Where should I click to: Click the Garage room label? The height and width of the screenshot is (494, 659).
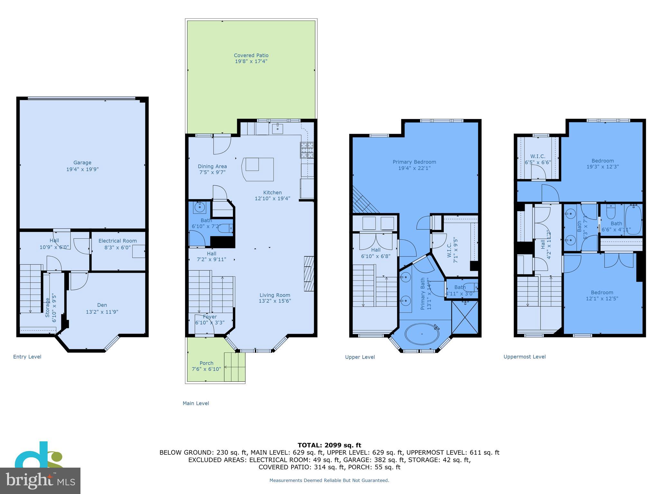[82, 163]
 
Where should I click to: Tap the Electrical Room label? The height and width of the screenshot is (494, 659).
[117, 241]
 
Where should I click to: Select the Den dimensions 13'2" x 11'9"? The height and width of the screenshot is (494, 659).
[102, 312]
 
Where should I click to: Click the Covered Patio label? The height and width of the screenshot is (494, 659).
[251, 55]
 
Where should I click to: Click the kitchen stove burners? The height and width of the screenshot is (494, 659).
[307, 150]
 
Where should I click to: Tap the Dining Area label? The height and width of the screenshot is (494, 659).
[212, 166]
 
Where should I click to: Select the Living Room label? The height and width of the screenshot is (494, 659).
[275, 295]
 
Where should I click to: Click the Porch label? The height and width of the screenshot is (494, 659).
[206, 363]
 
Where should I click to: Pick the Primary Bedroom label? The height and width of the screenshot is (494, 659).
[414, 162]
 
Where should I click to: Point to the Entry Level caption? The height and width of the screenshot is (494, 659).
[27, 357]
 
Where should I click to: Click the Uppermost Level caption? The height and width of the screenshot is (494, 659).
[524, 357]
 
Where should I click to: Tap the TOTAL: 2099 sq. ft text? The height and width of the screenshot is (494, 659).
[329, 445]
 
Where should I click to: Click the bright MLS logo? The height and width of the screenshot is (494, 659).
[40, 480]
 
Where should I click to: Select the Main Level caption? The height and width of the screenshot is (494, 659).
[196, 403]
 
